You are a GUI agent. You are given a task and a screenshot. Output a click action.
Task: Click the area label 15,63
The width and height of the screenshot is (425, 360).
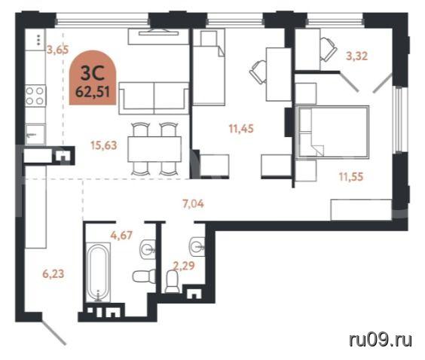[104, 145]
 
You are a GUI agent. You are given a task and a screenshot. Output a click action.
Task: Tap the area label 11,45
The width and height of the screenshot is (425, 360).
[241, 128]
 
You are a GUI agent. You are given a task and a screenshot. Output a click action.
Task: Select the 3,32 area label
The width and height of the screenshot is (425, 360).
[357, 56]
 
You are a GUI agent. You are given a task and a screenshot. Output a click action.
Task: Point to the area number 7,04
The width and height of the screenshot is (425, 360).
[193, 203]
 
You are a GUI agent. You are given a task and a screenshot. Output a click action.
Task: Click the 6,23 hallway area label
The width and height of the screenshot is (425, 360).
[54, 273]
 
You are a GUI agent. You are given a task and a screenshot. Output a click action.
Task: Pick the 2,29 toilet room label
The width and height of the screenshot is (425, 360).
[184, 266]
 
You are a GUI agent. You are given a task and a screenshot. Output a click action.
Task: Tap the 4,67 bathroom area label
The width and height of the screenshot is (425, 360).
[121, 235]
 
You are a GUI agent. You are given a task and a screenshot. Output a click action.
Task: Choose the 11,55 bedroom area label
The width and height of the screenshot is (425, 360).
[351, 177]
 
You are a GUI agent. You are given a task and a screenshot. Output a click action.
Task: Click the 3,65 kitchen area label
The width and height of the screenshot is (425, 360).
[58, 50]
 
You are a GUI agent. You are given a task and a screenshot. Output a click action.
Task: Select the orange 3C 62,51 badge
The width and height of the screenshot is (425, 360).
[93, 78]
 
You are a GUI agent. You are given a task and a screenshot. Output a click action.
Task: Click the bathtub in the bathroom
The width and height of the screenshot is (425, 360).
[98, 272]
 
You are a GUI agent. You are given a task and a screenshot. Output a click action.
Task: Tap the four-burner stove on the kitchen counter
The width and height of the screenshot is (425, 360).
[35, 95]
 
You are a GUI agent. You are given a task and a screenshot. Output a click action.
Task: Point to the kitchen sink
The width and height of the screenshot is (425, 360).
[35, 134]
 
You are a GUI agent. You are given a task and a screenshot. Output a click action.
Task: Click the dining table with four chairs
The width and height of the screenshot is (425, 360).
[154, 149]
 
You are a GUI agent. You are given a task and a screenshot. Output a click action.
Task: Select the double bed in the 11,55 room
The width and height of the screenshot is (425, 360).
[333, 132]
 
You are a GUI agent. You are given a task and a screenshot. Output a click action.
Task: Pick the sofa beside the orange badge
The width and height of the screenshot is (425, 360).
[154, 98]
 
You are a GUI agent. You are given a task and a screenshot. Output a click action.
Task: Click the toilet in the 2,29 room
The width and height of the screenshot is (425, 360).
[173, 282]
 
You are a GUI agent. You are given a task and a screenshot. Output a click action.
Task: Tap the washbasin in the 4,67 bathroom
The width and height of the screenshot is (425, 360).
[148, 249]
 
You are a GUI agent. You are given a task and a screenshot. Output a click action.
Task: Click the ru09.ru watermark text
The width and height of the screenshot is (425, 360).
[381, 340]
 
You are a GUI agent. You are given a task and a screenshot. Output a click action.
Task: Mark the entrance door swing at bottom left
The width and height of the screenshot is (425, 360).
[54, 333]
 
